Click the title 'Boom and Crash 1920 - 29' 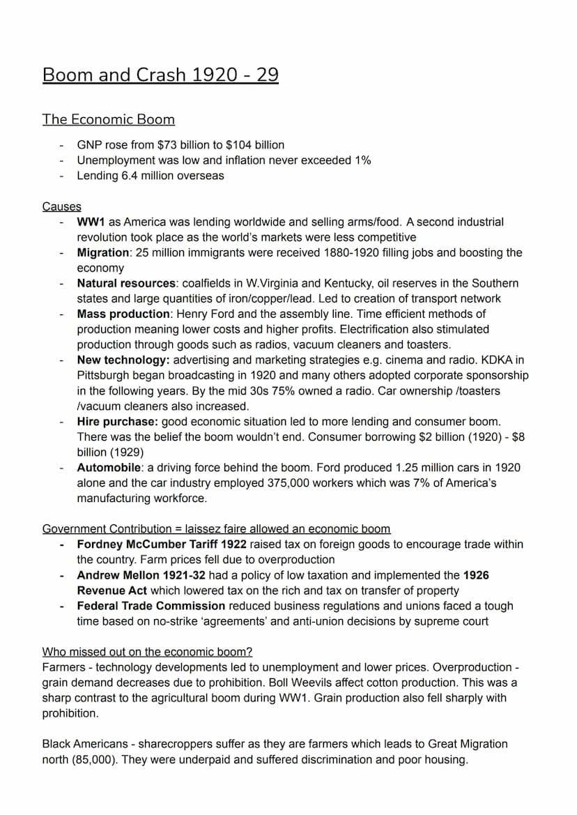point(160,75)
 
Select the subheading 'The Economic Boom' point(108,119)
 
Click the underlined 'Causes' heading point(61,206)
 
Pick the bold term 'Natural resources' point(126,283)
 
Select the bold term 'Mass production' point(123,314)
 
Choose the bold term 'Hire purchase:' point(118,421)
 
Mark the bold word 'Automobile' point(109,467)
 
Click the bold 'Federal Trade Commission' point(151,606)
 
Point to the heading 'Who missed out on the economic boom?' point(147,652)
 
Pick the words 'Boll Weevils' point(327,683)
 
